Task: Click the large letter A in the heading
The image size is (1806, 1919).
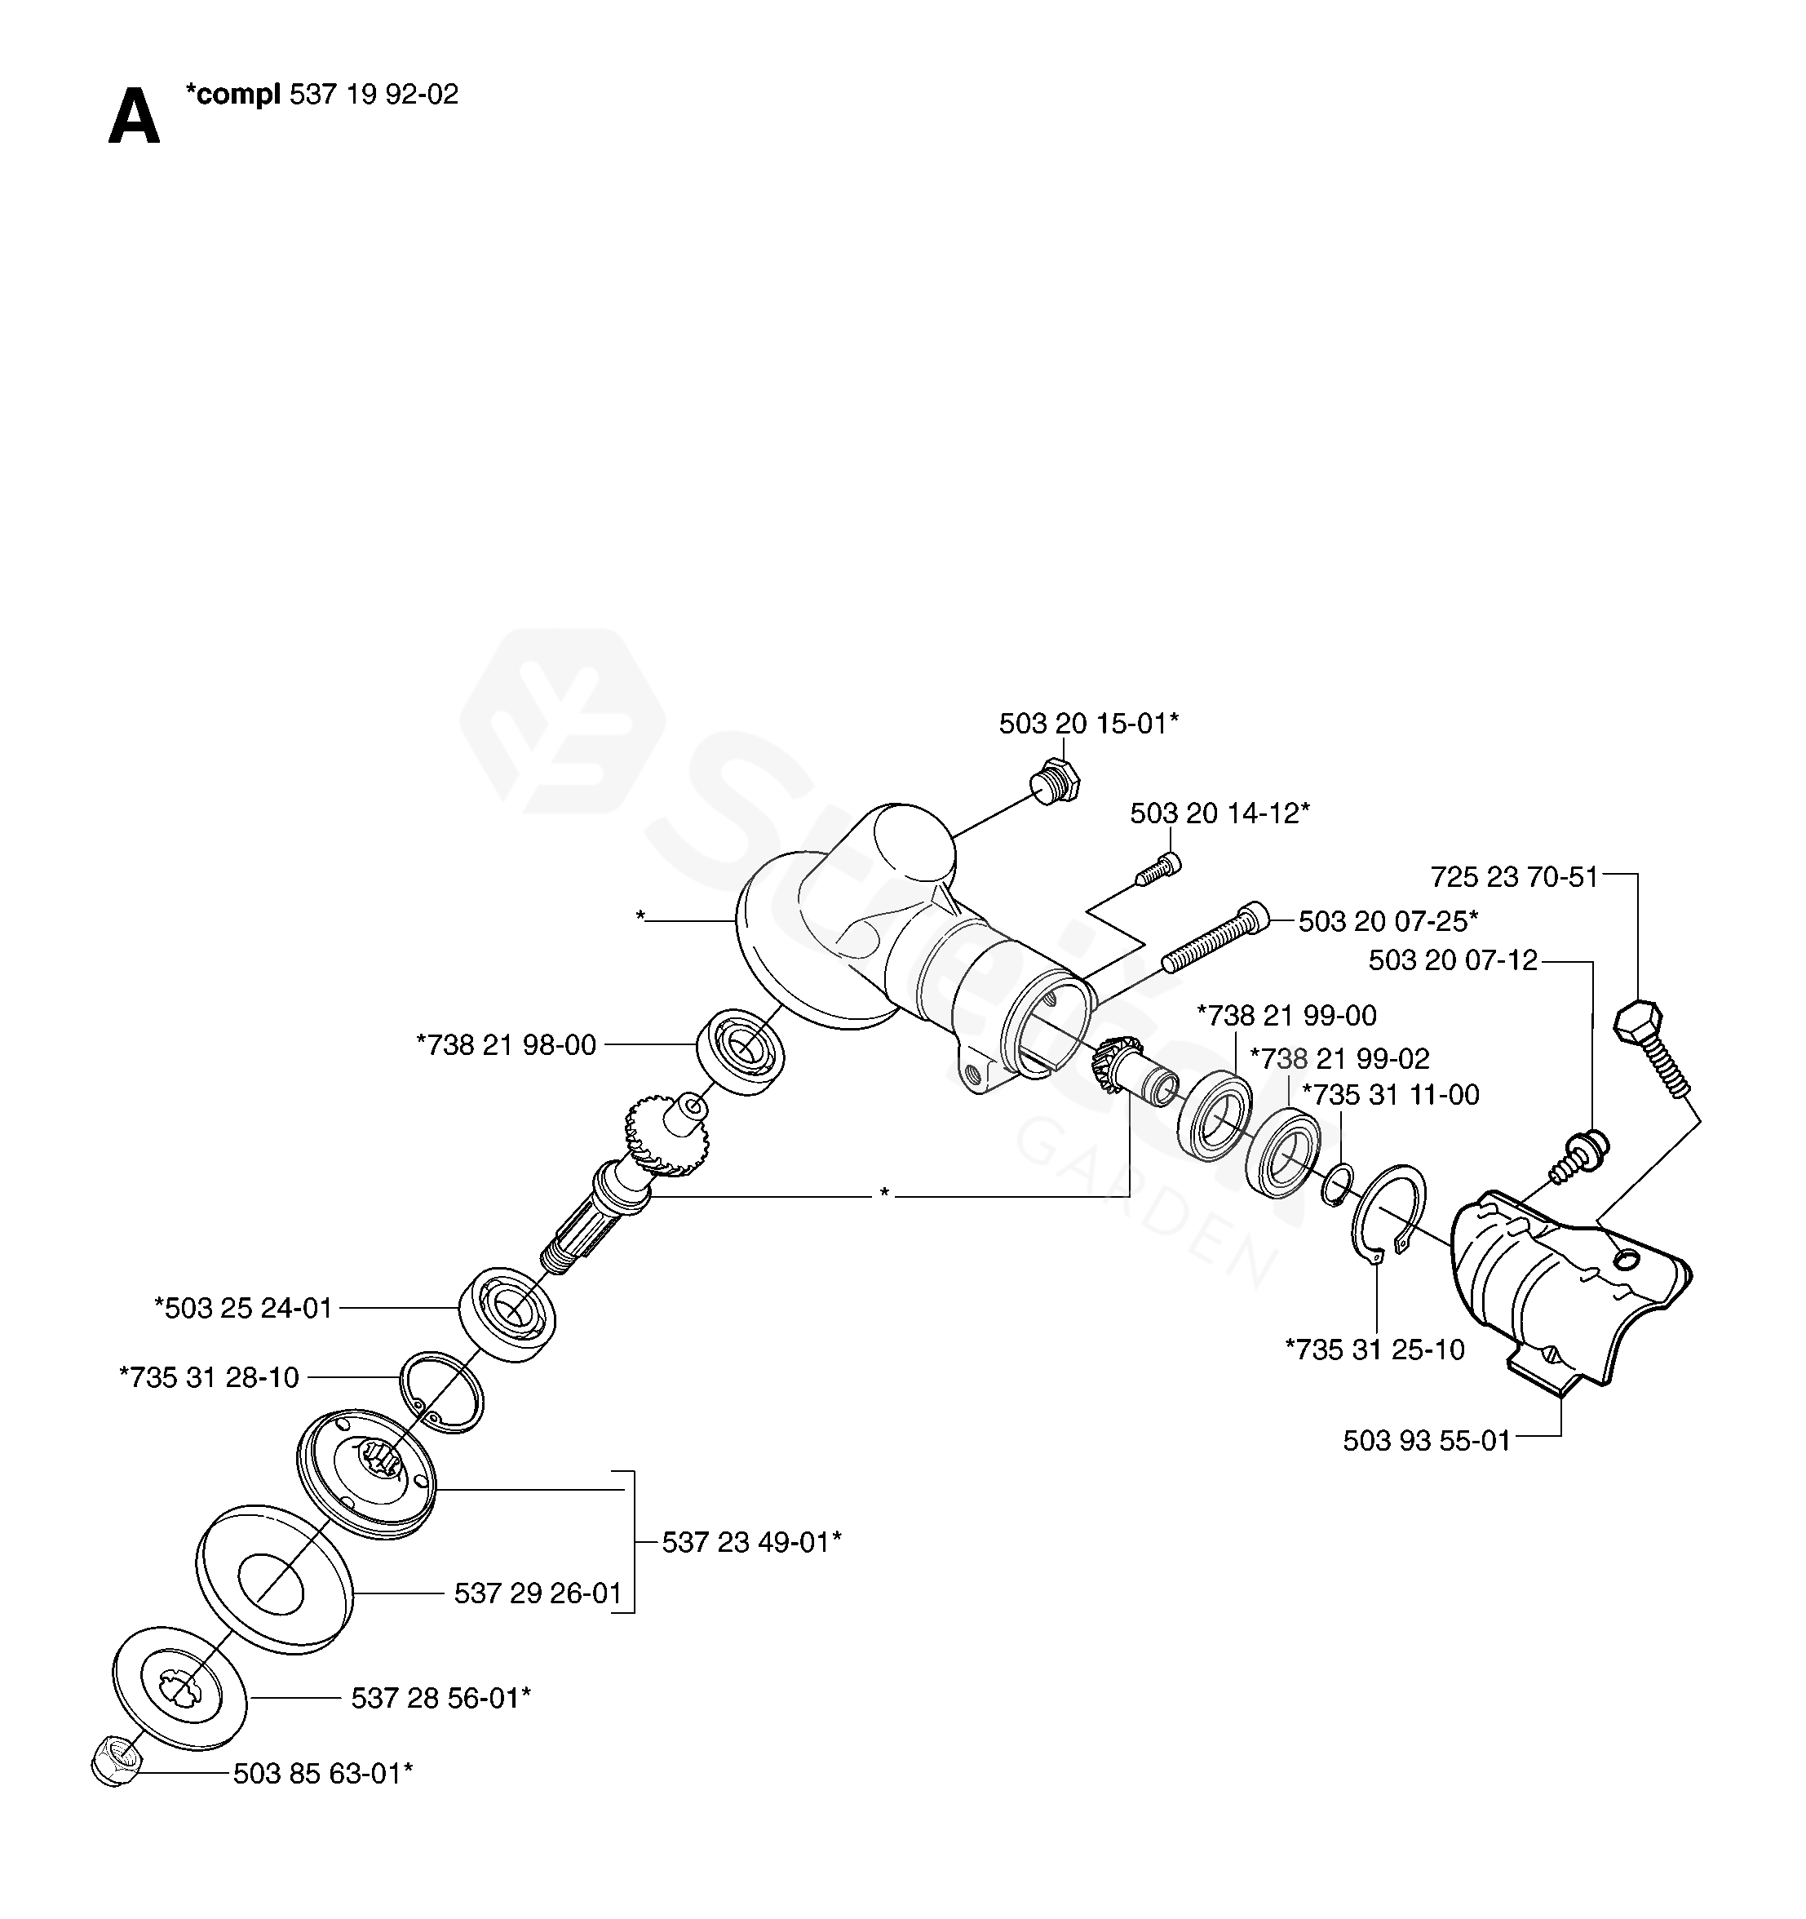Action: click(x=133, y=117)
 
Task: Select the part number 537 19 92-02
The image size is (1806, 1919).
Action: click(x=374, y=95)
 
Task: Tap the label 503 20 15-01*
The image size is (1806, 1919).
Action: click(x=1088, y=724)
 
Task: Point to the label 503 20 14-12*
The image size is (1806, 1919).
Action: click(x=1219, y=813)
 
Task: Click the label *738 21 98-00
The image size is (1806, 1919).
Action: click(x=506, y=1044)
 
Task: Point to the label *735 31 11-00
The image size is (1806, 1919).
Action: click(x=1390, y=1095)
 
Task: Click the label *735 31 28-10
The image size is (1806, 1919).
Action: click(x=209, y=1377)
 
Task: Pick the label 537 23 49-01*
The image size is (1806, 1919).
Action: click(x=751, y=1543)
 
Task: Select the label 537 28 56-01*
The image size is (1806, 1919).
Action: click(x=440, y=1698)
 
